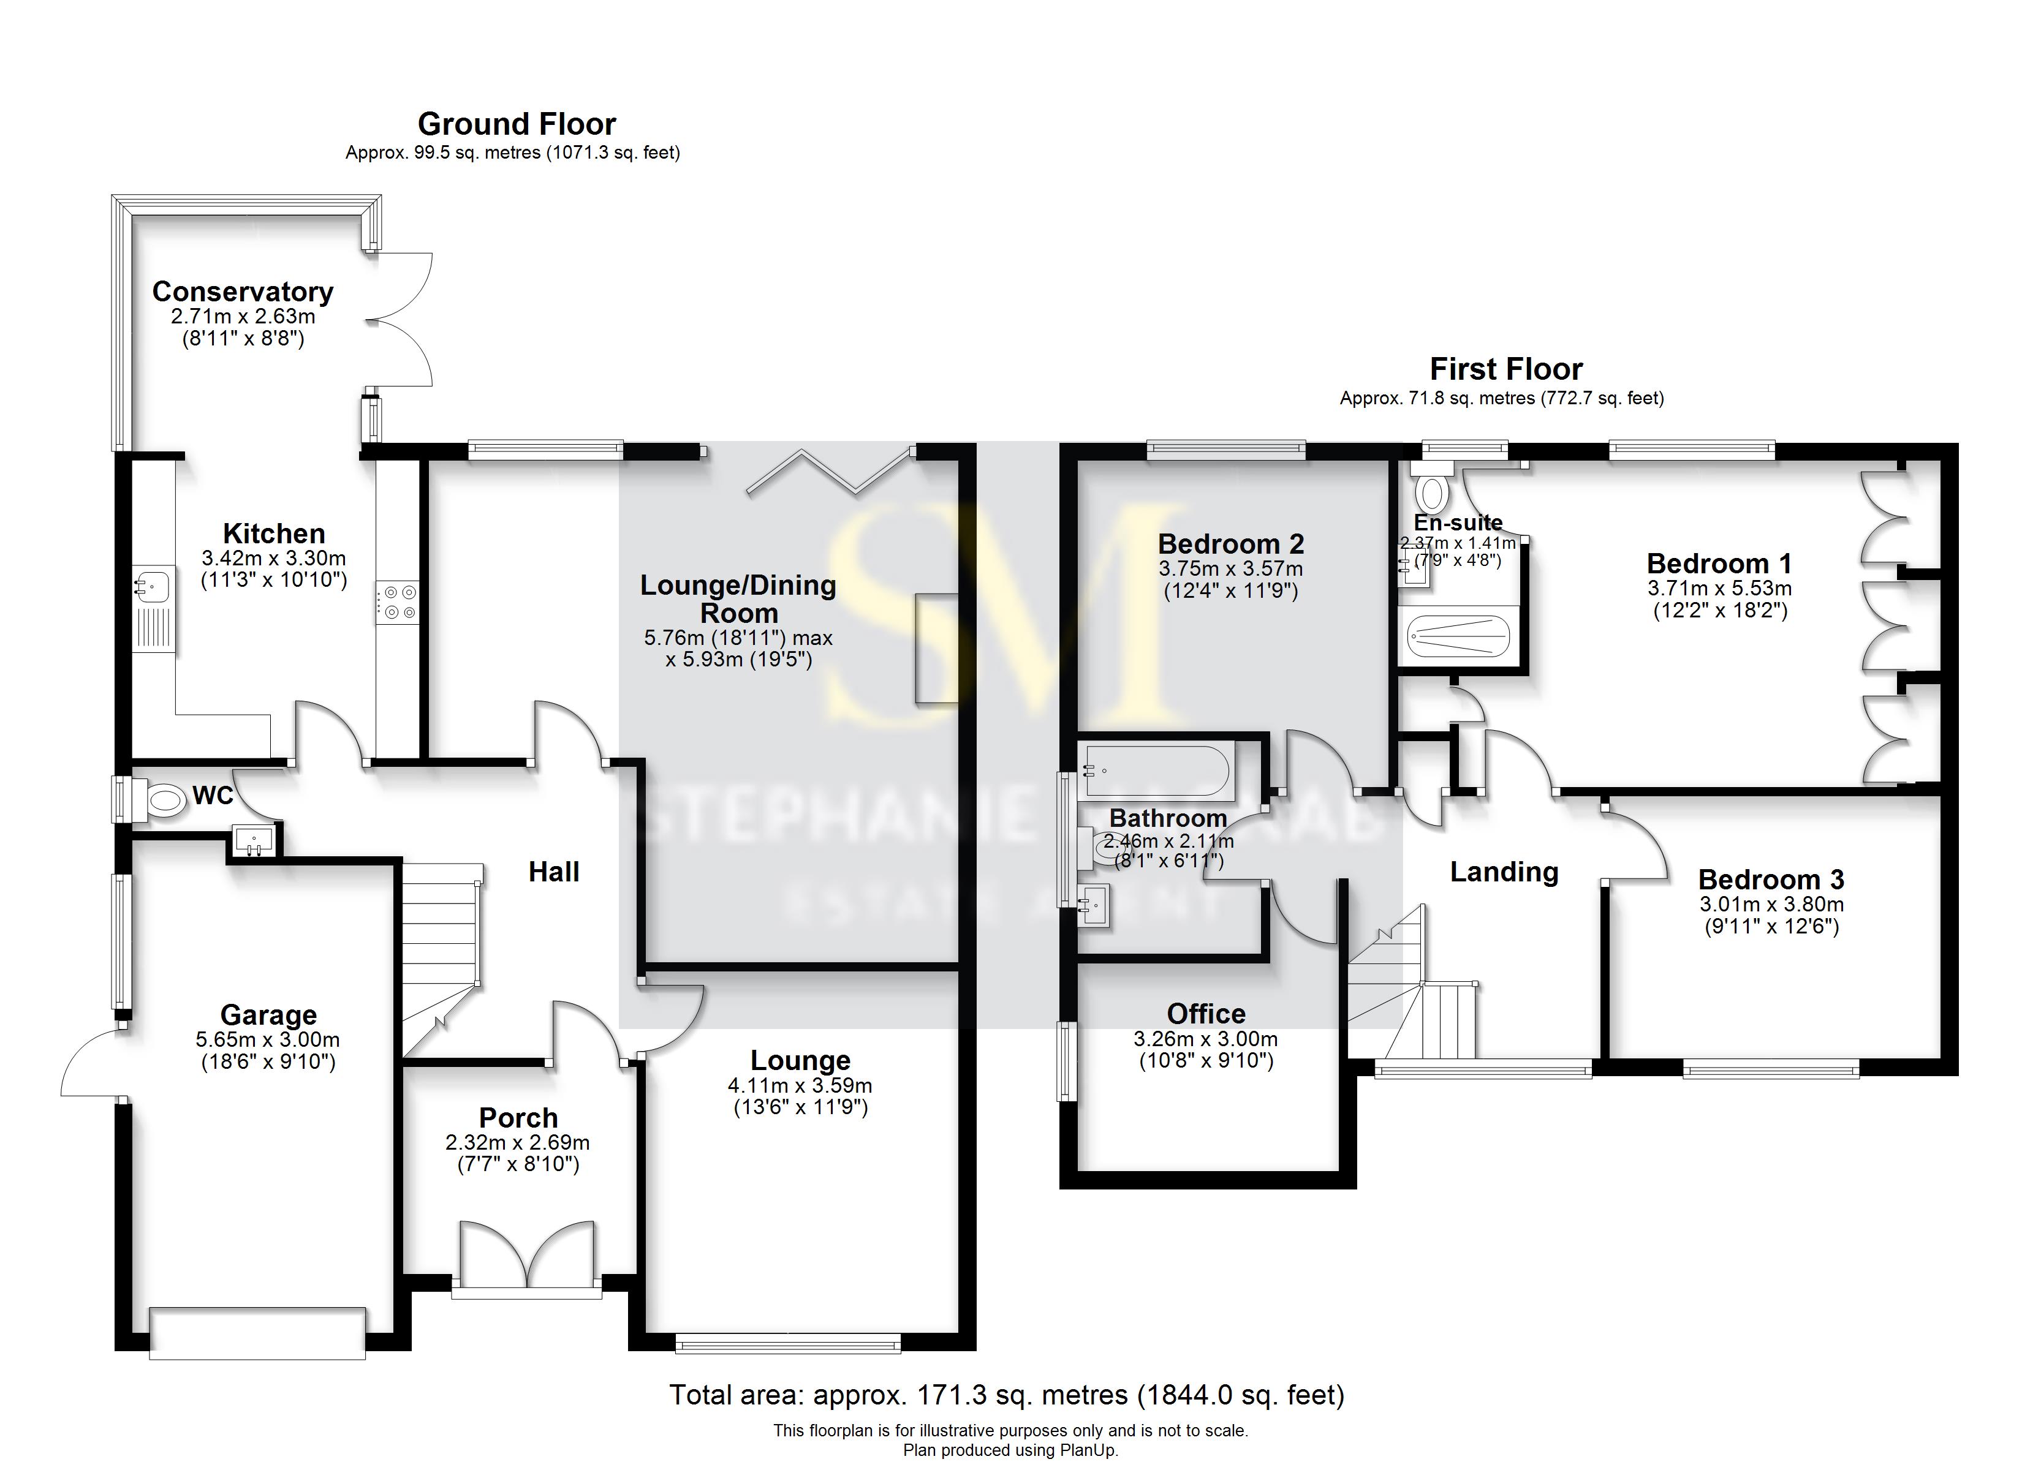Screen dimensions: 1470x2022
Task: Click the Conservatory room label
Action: [x=243, y=292]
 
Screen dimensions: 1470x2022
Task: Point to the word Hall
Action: [x=554, y=872]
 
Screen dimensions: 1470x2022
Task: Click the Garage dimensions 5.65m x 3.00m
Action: [x=268, y=1039]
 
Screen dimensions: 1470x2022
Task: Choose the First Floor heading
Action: [x=1506, y=369]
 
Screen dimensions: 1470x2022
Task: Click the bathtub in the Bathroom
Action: [x=1156, y=771]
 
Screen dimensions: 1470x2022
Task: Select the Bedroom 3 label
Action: [x=1771, y=880]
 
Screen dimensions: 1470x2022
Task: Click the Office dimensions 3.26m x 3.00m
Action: [x=1205, y=1039]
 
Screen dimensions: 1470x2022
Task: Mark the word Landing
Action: [x=1504, y=872]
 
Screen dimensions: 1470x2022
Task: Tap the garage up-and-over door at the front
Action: [x=258, y=1333]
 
